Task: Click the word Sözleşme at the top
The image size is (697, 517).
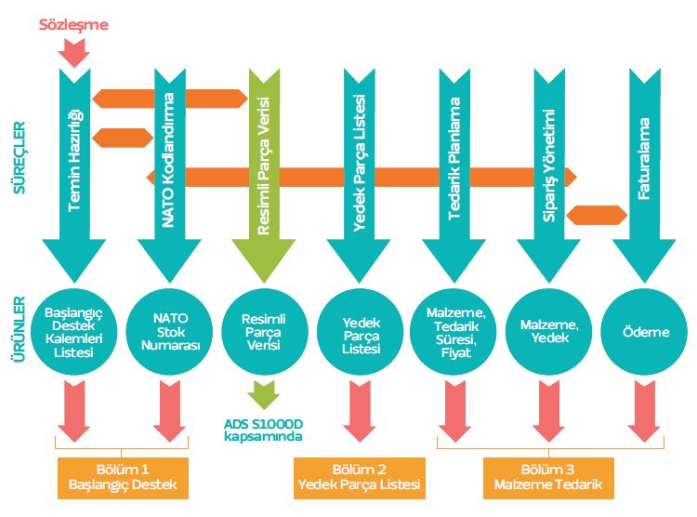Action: coord(73,25)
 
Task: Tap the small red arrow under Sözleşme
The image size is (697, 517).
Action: coord(73,52)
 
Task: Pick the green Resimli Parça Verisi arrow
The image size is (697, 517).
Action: coord(265,167)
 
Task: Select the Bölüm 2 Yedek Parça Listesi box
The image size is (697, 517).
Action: coord(359,476)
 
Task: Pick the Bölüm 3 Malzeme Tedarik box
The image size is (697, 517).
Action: coord(549,476)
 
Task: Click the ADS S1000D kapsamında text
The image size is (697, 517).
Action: coord(264,430)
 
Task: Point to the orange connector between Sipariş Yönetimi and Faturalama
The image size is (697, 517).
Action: coord(595,214)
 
